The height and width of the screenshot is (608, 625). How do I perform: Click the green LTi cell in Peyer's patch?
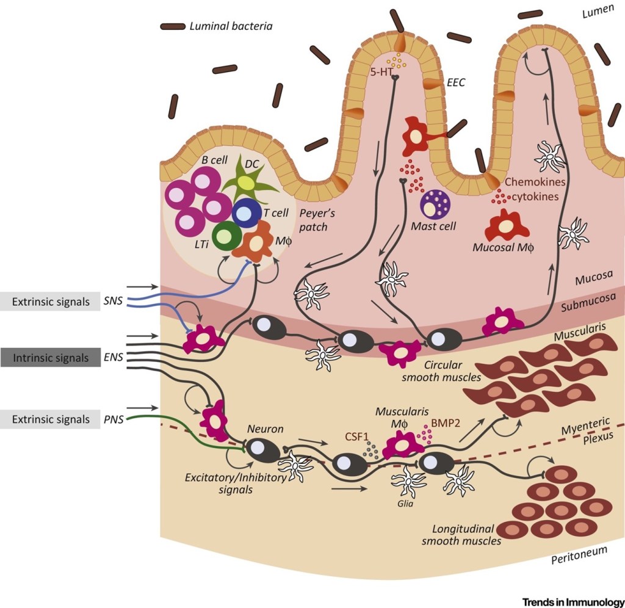(226, 236)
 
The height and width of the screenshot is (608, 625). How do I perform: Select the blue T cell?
(247, 213)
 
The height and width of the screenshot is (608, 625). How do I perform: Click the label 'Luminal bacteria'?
(231, 26)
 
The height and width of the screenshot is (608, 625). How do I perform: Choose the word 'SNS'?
(113, 302)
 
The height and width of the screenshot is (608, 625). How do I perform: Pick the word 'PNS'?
(113, 420)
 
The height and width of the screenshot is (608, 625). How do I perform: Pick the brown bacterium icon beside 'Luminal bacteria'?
(173, 26)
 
